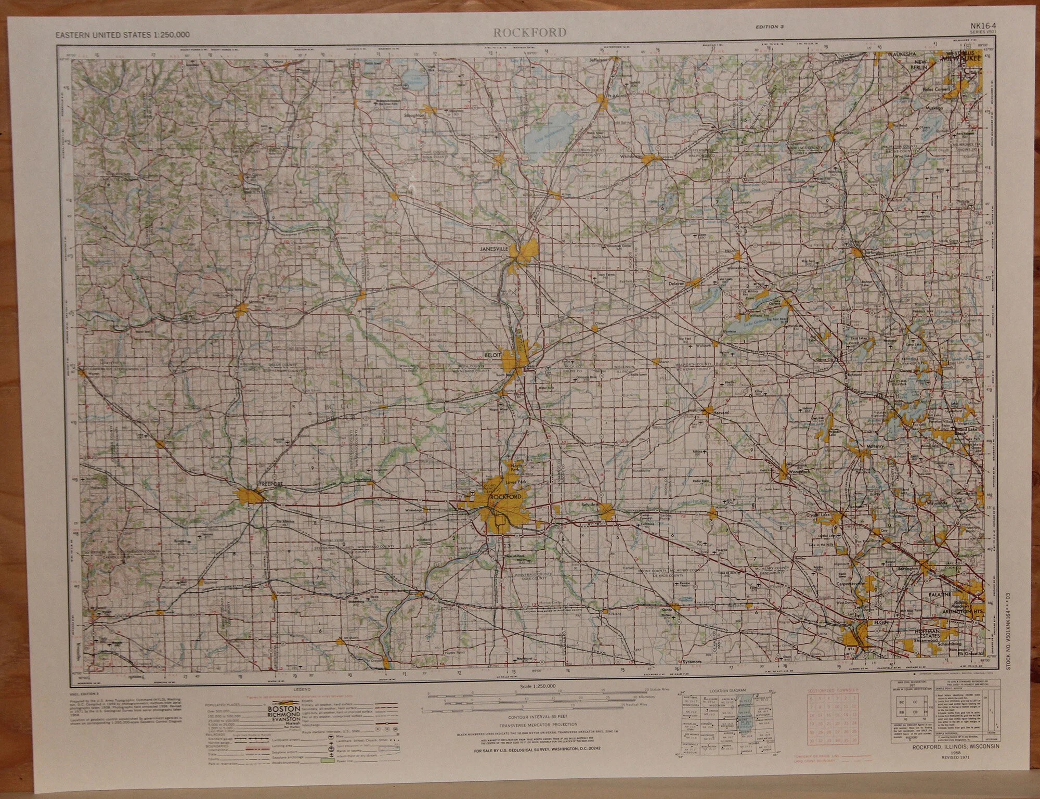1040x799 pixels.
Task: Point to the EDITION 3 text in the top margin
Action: coord(770,41)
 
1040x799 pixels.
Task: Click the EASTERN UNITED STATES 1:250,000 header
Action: coord(123,35)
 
